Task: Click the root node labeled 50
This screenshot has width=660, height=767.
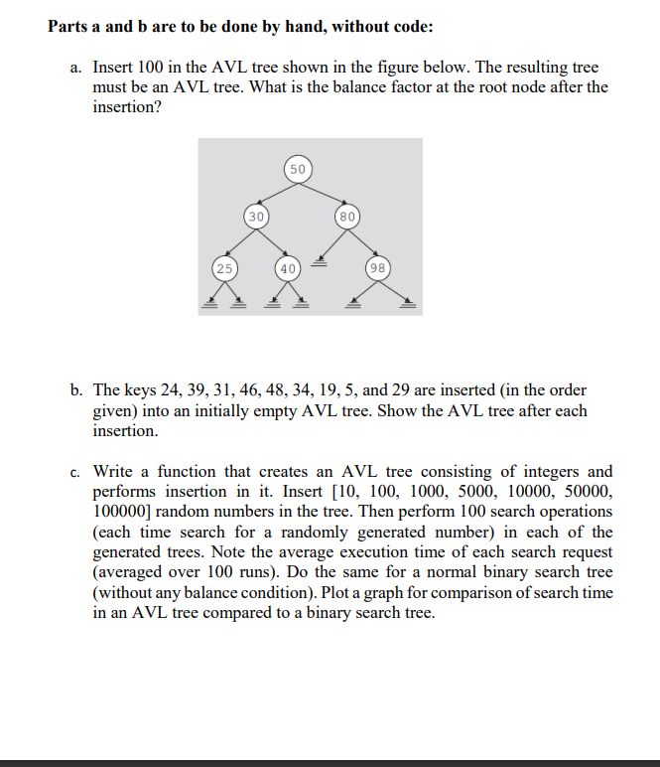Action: pyautogui.click(x=298, y=168)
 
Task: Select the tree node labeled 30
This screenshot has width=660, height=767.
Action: pyautogui.click(x=256, y=216)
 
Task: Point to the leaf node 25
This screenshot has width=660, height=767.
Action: pyautogui.click(x=224, y=268)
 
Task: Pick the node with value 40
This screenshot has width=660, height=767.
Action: pyautogui.click(x=287, y=268)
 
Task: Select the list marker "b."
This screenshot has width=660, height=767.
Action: pyautogui.click(x=77, y=389)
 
